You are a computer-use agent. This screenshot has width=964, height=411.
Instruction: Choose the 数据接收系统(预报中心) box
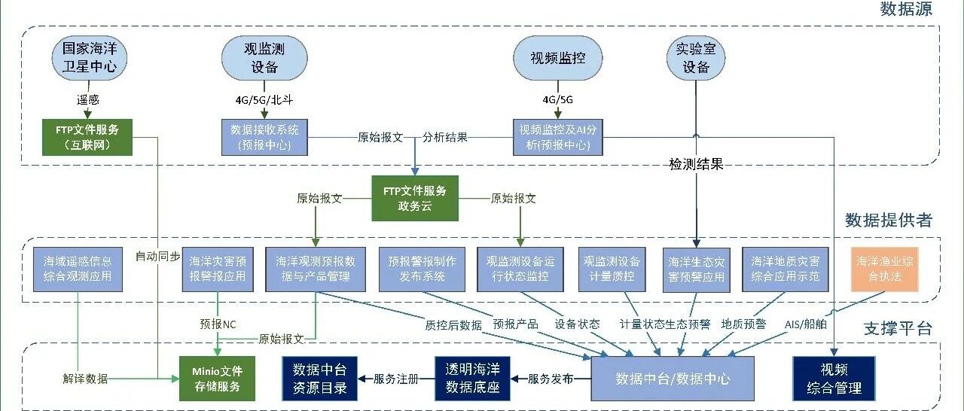[265, 137]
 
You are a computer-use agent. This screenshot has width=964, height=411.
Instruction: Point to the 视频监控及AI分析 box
[557, 137]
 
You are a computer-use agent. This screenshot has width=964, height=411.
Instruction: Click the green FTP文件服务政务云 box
[414, 199]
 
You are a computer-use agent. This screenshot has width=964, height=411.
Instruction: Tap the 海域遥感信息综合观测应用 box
[78, 269]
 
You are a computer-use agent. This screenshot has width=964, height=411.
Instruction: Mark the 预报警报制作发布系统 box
[422, 269]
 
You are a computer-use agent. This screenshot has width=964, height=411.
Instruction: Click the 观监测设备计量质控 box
[612, 269]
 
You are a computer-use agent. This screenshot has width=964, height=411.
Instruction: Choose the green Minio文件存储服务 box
[217, 379]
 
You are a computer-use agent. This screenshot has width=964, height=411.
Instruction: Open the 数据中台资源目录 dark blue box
[319, 379]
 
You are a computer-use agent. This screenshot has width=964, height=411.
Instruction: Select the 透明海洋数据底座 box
[472, 379]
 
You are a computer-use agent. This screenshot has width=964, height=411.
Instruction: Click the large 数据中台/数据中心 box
[673, 379]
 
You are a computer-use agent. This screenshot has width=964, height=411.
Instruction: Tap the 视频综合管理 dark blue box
[834, 379]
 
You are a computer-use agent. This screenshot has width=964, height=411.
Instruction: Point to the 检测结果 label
[696, 164]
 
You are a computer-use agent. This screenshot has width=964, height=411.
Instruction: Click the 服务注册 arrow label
[395, 379]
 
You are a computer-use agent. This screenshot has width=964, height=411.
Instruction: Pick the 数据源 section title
[906, 10]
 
